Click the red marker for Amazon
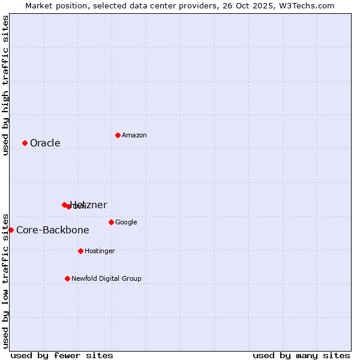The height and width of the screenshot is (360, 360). click(118, 135)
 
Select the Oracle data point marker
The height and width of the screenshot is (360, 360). click(25, 143)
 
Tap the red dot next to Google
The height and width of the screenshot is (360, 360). click(111, 222)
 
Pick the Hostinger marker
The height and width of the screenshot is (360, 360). click(80, 251)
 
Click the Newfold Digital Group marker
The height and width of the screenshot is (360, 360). click(67, 278)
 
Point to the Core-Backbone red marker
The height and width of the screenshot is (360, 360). click(11, 230)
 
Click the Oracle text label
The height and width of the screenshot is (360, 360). click(45, 143)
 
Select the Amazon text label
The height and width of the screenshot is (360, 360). click(134, 135)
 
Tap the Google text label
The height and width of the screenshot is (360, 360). click(126, 222)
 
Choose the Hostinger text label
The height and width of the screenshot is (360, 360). click(100, 251)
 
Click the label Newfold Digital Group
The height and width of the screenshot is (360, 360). click(106, 278)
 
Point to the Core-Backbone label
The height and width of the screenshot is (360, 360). click(53, 230)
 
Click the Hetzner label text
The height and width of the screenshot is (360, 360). click(89, 205)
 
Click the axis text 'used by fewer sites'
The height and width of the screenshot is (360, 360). click(61, 355)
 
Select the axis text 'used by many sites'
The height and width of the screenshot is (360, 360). click(301, 355)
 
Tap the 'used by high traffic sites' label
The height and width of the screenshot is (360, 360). click(5, 85)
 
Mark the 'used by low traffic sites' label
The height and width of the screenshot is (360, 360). click(5, 280)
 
